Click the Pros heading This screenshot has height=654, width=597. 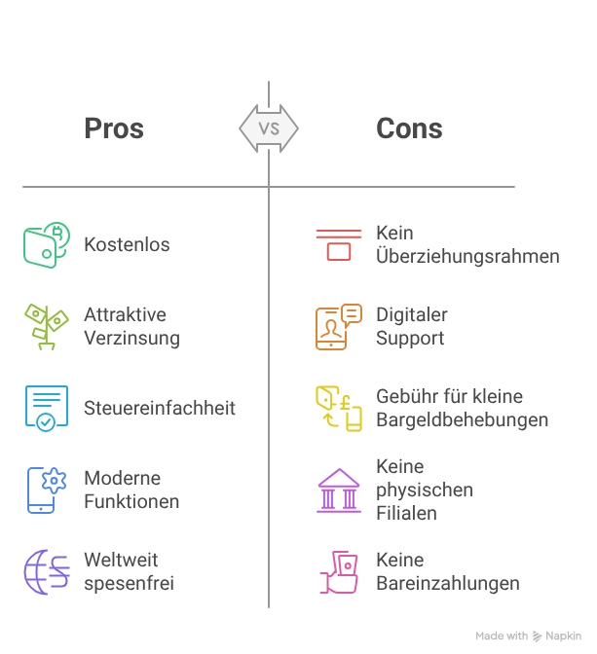pyautogui.click(x=114, y=128)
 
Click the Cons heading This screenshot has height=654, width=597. pyautogui.click(x=409, y=128)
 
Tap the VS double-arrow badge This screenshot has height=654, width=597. pyautogui.click(x=269, y=128)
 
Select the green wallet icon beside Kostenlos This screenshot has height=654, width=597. pyautogui.click(x=47, y=245)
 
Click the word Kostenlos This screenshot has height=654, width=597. pyautogui.click(x=127, y=244)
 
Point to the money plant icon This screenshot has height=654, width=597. pyautogui.click(x=47, y=327)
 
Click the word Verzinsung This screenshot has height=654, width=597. pyautogui.click(x=131, y=339)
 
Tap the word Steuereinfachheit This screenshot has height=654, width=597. pyautogui.click(x=160, y=408)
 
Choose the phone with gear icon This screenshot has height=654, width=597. pyautogui.click(x=47, y=490)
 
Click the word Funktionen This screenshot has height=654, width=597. pyautogui.click(x=131, y=501)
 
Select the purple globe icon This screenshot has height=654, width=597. pyautogui.click(x=47, y=572)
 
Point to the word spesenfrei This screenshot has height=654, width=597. pyautogui.click(x=129, y=584)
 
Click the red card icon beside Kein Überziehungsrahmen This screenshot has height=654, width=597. pyautogui.click(x=339, y=245)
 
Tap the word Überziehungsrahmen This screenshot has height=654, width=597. pyautogui.click(x=467, y=256)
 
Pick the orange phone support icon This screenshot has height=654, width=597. pyautogui.click(x=339, y=327)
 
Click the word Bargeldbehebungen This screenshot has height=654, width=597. pyautogui.click(x=463, y=419)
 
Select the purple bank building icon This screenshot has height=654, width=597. pyautogui.click(x=339, y=490)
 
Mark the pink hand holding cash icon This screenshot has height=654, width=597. pyautogui.click(x=339, y=572)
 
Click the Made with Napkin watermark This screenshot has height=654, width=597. pyautogui.click(x=528, y=636)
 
